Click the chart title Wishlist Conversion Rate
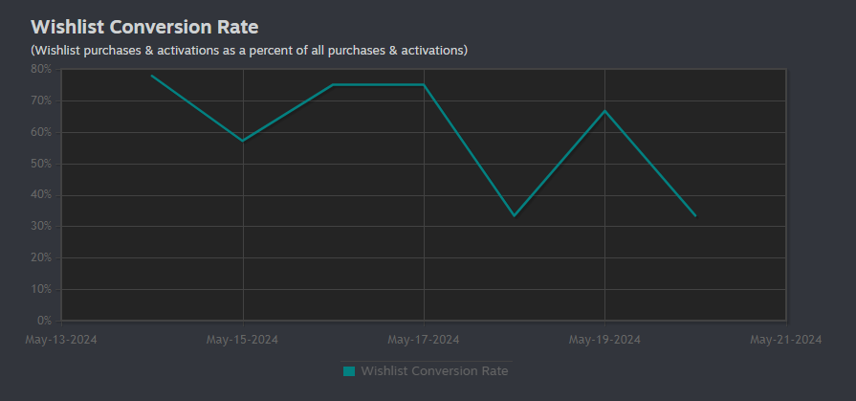144,27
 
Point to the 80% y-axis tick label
41,69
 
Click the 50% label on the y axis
41,164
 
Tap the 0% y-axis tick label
44,321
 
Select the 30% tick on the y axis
41,227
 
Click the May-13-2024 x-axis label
61,340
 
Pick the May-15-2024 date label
242,340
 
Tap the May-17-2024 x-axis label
424,340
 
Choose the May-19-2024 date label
604,340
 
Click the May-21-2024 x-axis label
786,340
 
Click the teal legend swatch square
349,371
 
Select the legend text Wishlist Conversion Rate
434,371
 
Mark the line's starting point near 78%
152,76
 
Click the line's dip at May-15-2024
242,141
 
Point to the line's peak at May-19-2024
604,111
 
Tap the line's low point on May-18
515,215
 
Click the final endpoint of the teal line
695,215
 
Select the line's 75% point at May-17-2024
424,84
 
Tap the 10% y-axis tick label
41,290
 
